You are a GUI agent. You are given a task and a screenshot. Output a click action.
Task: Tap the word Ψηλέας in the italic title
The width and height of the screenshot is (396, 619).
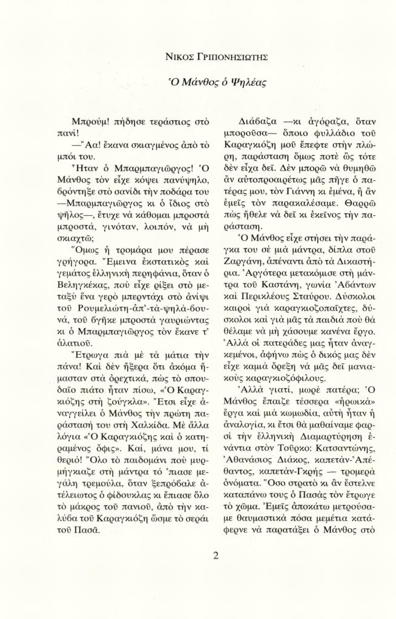click(242, 82)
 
